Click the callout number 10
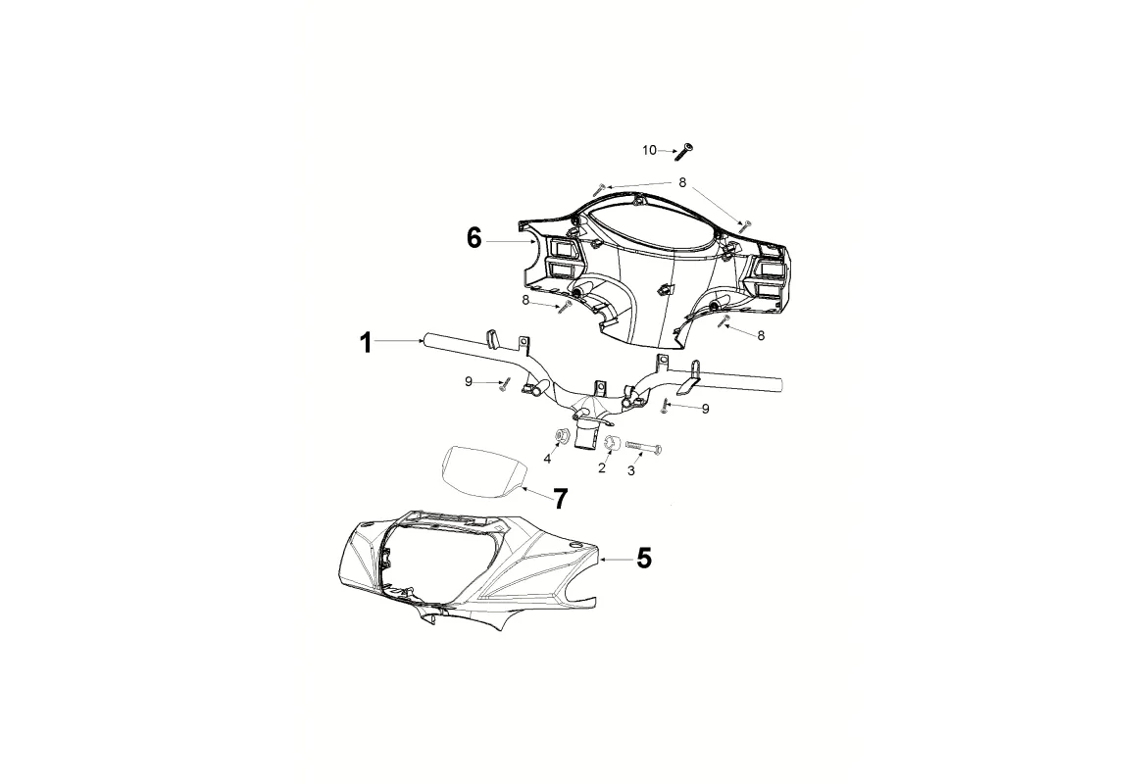point(649,150)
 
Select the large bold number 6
point(474,238)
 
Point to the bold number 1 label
point(366,343)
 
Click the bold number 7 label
point(560,499)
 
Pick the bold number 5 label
point(643,559)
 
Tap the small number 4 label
point(547,459)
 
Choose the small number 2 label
point(602,467)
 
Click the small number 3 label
point(631,470)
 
